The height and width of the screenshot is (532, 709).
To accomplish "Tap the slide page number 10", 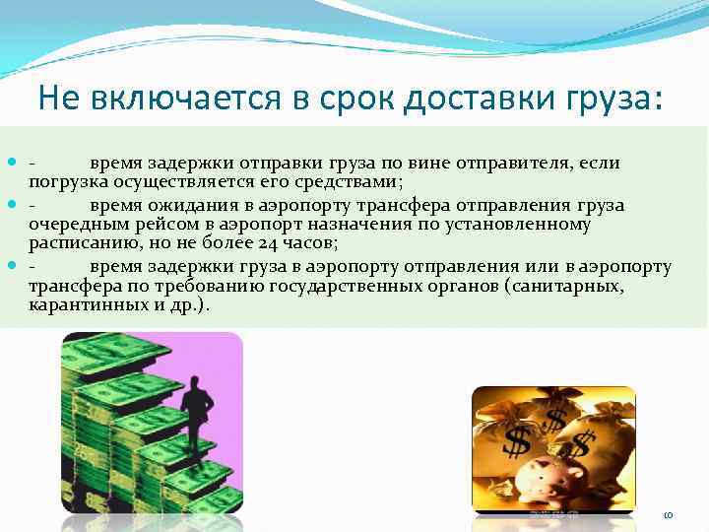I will coord(667,515).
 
